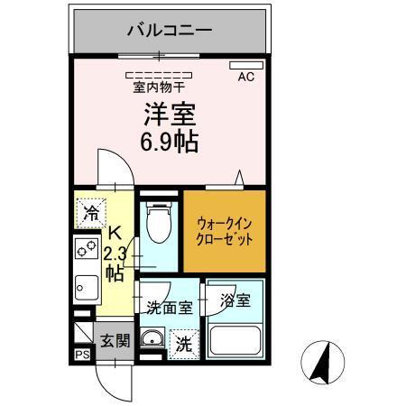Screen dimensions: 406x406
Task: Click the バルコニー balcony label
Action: click(x=169, y=31)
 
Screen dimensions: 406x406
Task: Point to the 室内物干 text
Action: click(x=159, y=88)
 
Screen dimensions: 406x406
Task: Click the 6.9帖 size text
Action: click(x=169, y=142)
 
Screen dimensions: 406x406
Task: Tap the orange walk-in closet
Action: click(x=226, y=230)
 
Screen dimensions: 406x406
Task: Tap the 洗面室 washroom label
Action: click(x=169, y=307)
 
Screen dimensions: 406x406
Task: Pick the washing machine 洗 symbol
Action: click(x=183, y=343)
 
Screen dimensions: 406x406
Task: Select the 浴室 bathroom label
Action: click(x=235, y=298)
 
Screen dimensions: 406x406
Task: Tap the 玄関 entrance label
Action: click(x=115, y=341)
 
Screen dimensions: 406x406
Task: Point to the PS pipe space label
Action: click(x=81, y=355)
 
